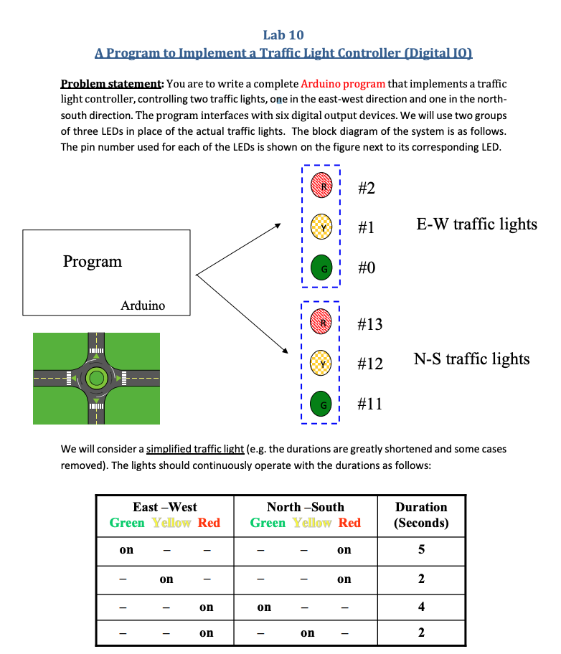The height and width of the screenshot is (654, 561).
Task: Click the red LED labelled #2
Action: pos(321,187)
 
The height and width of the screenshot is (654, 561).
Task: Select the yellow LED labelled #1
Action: pos(321,227)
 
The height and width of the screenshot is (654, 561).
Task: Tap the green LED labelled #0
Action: pos(321,267)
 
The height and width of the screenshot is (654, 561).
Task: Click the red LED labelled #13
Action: pos(321,323)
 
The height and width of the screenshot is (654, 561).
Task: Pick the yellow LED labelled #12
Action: pos(321,363)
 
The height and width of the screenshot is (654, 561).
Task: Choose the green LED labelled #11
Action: pos(321,404)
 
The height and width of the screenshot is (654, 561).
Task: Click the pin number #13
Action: pos(370,325)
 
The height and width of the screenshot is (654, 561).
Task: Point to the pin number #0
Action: pos(366,268)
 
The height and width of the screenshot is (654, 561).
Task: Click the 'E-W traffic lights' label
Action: pos(476,224)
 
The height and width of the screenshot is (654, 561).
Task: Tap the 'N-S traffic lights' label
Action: pos(472,359)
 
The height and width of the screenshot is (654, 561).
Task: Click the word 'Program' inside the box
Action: pos(93,262)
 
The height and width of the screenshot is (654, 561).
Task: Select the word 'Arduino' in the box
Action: pos(143,305)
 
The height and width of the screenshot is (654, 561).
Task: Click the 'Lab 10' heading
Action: pos(283,34)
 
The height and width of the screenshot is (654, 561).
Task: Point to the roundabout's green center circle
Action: pos(95,377)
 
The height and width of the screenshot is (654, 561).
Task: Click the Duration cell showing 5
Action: pos(421,550)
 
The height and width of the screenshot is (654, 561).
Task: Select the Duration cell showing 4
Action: pos(421,607)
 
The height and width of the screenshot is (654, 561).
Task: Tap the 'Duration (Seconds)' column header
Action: pos(421,515)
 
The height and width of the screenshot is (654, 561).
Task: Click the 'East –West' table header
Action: pos(165,507)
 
